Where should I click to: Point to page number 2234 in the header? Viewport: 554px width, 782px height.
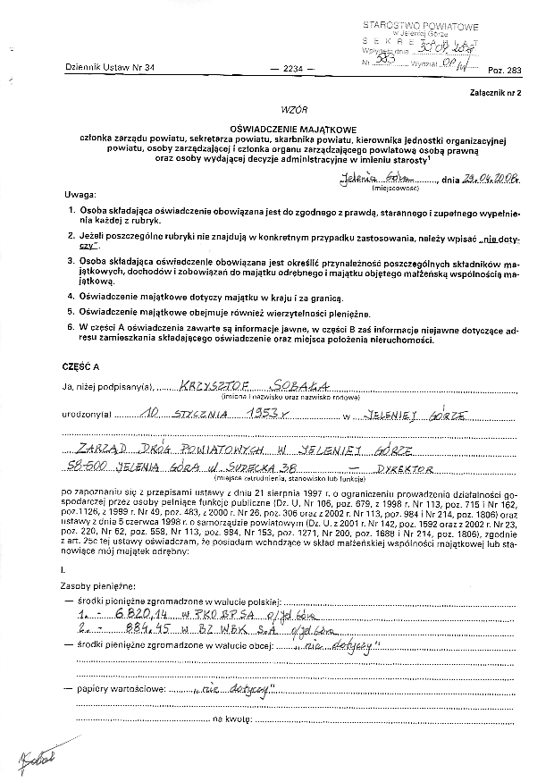point(292,70)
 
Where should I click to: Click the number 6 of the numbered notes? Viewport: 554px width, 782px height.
point(71,328)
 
